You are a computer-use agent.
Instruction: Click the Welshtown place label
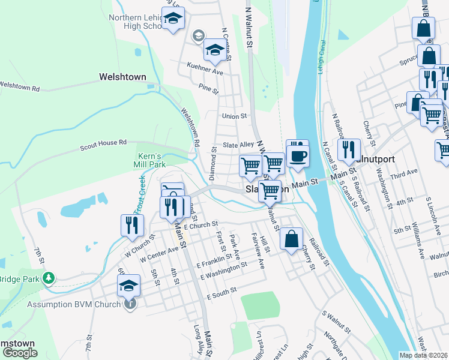tap(122, 77)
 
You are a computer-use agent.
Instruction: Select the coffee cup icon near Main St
tap(298, 155)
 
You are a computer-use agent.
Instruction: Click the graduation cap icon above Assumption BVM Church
tap(128, 286)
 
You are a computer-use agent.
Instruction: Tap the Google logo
tap(20, 353)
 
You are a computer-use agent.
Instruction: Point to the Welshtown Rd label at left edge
tap(19, 88)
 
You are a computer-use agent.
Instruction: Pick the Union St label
tap(234, 116)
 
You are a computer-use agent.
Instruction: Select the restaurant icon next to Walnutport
tap(348, 149)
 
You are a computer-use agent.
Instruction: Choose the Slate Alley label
tap(239, 145)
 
